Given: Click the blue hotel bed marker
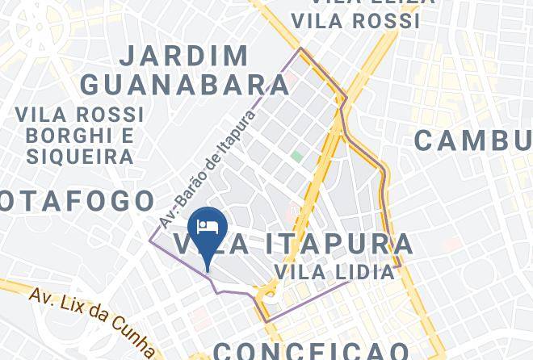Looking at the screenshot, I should coord(207,228).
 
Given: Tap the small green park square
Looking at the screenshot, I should coord(297,155).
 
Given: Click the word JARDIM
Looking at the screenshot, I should coord(185,56).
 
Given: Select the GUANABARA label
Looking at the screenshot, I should coord(174,84).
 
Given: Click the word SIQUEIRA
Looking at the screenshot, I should coord(79,155).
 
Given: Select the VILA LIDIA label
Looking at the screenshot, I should coord(334,272).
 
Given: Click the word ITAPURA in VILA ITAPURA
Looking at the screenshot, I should coord(346,244).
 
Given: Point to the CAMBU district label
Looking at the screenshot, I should coord(472,140).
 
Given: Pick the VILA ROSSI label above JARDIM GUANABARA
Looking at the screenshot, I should coord(356,22).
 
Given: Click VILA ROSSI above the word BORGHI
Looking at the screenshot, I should coord(79,114).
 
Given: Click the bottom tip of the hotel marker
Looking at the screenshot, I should coord(208,270).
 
